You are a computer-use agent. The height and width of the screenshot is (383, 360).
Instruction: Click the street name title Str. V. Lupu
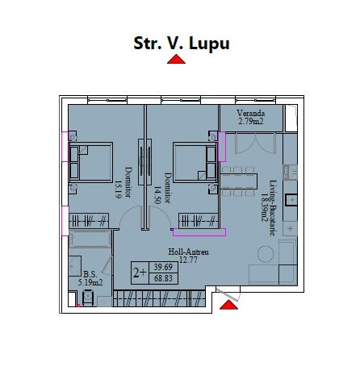pos(182,44)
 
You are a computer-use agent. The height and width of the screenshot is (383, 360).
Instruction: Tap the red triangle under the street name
pos(176,59)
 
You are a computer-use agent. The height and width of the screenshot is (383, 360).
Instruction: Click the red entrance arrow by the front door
pos(228,305)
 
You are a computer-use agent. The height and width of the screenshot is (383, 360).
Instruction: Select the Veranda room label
pos(251,113)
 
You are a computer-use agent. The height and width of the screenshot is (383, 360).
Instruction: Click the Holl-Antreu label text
pos(188,252)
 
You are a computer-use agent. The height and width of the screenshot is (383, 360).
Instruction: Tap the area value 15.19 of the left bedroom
pos(118,189)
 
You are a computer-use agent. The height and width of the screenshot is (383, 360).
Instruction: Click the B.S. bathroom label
pos(90,274)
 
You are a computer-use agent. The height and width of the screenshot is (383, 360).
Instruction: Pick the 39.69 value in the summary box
pos(163,267)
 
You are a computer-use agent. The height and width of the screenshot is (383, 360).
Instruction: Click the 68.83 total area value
pos(163,278)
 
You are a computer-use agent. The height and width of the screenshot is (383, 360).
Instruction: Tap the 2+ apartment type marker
pos(140,273)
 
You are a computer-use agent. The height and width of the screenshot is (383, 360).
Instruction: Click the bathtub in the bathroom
pos(90,239)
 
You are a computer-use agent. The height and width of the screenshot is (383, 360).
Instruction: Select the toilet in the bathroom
pos(88,298)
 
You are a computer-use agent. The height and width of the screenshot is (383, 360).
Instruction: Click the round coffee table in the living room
pos(266,254)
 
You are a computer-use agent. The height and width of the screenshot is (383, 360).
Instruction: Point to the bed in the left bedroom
pos(91,162)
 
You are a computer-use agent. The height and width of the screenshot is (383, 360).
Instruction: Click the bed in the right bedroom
pos(195,162)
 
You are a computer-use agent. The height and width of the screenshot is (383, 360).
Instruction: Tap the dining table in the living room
pos(238,181)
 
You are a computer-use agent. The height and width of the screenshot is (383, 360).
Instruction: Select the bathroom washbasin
pos(75,266)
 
